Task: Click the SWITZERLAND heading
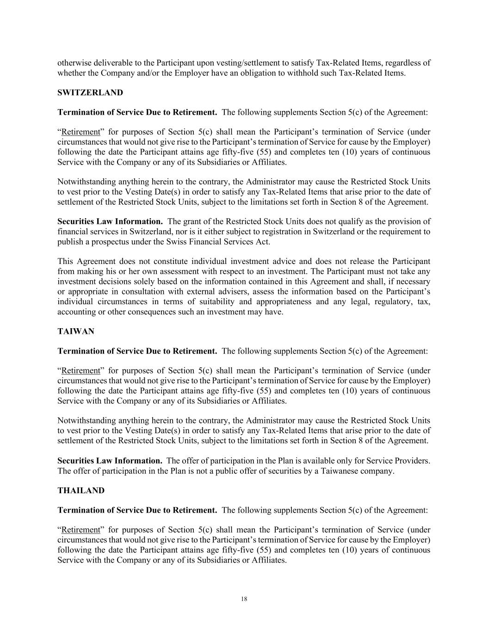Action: click(x=90, y=92)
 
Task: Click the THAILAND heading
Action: click(x=80, y=490)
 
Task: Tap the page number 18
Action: click(x=244, y=599)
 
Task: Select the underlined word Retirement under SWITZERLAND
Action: click(x=80, y=132)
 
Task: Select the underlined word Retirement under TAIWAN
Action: click(x=80, y=370)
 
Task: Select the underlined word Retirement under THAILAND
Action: click(x=80, y=529)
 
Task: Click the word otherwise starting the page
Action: click(x=74, y=63)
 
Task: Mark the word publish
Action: click(x=70, y=242)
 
